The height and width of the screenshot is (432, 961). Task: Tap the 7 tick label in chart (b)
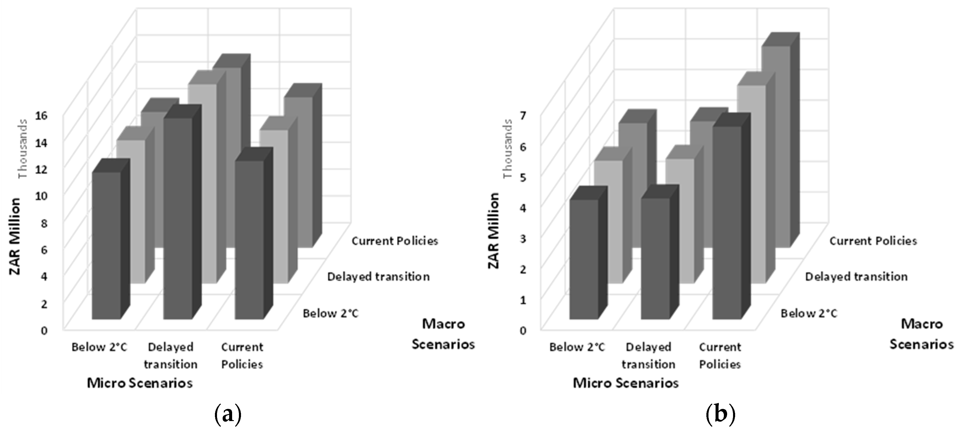coord(523,116)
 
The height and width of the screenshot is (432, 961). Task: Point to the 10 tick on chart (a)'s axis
coord(41,195)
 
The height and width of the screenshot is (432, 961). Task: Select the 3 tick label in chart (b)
coord(523,238)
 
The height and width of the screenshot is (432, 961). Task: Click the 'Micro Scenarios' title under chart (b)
coord(626,383)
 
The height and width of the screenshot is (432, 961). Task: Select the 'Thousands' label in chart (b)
coord(508,148)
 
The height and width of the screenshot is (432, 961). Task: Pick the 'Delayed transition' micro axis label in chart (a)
coord(171,356)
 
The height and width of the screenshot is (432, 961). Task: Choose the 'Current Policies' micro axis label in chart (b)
coord(720,356)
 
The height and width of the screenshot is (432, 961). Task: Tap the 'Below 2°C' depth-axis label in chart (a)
coord(330,313)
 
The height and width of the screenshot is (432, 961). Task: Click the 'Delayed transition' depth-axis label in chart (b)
coord(856,277)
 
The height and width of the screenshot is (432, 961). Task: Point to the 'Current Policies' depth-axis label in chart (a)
coord(395,241)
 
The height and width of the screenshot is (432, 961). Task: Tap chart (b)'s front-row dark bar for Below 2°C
coord(584,259)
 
